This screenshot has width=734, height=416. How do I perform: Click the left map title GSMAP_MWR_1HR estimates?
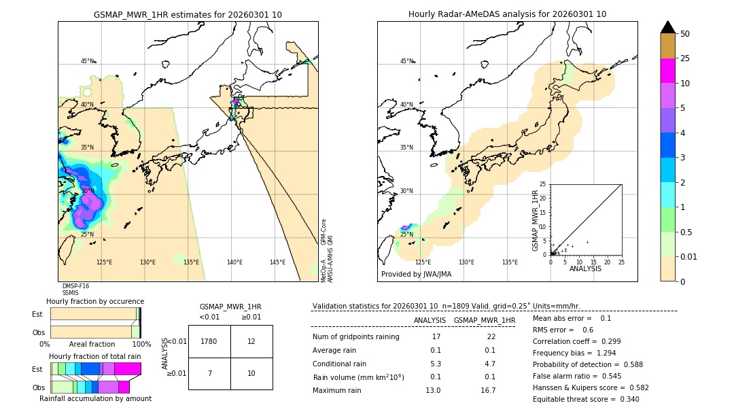(188, 14)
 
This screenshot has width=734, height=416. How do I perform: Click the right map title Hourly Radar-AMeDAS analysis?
(507, 14)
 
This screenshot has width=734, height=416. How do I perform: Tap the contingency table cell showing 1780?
(209, 341)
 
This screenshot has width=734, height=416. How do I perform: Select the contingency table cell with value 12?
(251, 341)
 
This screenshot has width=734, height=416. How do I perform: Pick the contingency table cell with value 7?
(209, 374)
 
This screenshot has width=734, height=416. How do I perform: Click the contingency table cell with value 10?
(251, 374)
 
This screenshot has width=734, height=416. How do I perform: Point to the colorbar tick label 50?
(685, 34)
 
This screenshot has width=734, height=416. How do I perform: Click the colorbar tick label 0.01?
(689, 256)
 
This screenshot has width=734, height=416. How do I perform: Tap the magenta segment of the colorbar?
(668, 71)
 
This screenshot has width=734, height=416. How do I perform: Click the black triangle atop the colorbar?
(668, 27)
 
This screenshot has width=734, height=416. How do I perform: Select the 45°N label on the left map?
(88, 61)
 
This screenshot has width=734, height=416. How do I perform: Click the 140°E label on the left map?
(234, 262)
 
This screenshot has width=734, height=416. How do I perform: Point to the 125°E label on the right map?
(423, 262)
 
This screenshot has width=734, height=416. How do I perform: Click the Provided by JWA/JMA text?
(416, 275)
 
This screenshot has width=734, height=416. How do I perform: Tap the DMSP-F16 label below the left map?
(75, 286)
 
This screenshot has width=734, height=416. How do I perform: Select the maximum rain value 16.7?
(488, 390)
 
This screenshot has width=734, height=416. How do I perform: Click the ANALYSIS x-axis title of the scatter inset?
(585, 268)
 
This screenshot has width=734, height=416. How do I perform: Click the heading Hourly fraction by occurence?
(95, 301)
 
